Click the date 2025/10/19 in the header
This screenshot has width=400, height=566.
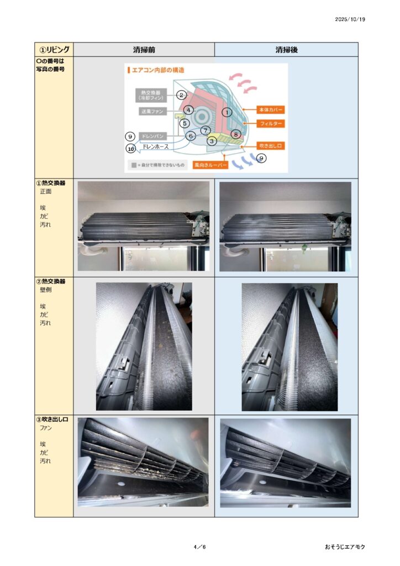tap(350, 19)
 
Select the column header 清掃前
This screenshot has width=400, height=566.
tap(144, 50)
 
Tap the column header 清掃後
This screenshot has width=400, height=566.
tap(286, 50)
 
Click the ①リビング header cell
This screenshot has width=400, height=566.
tap(54, 49)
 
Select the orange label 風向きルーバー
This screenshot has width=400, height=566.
tap(210, 165)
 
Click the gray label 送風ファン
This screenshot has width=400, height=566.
tap(152, 112)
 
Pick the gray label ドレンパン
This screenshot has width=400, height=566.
tap(152, 136)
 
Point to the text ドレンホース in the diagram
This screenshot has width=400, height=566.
tap(155, 146)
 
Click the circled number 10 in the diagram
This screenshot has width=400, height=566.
tap(130, 148)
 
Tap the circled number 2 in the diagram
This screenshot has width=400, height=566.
tap(181, 95)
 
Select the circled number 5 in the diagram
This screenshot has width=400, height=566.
tap(185, 123)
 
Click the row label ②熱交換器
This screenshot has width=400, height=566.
tap(50, 281)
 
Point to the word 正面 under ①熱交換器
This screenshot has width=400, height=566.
tap(45, 192)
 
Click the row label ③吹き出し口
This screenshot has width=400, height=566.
tap(52, 420)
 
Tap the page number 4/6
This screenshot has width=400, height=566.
tap(200, 547)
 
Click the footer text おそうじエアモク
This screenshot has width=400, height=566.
tap(345, 547)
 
